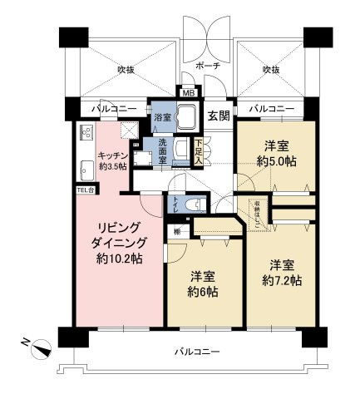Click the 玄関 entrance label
219,116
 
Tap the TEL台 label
86,190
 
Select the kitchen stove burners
86,133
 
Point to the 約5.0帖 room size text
275,160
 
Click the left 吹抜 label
125,69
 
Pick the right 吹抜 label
271,69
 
